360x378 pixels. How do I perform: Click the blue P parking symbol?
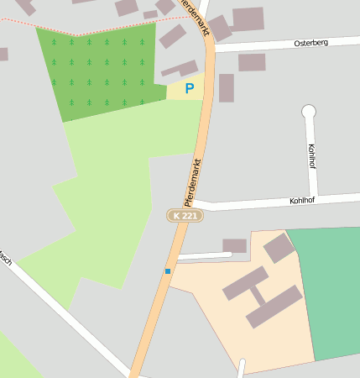tap(189, 87)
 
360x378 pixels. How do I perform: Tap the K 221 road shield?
tap(185, 216)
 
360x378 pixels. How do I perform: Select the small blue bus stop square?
tap(168, 270)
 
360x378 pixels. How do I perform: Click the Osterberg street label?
tap(310, 42)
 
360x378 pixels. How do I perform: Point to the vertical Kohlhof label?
tap(312, 155)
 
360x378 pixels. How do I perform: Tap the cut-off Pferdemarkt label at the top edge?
tap(196, 17)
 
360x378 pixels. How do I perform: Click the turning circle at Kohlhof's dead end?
tap(308, 111)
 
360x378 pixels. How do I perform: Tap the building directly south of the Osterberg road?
tap(251, 62)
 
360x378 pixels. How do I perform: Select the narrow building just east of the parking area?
tap(226, 87)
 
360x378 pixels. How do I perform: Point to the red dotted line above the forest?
tap(92, 30)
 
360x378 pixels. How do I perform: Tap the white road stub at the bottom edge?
tap(243, 368)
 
